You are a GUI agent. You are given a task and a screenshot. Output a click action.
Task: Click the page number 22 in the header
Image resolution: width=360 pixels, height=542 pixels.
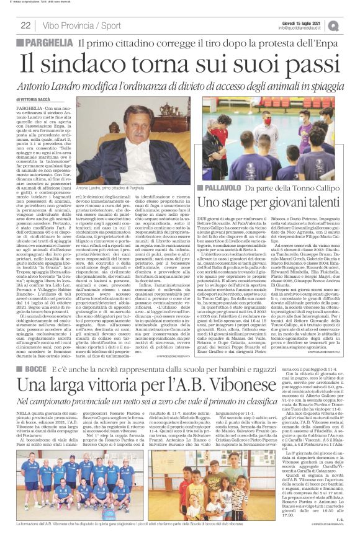pyautogui.click(x=25, y=25)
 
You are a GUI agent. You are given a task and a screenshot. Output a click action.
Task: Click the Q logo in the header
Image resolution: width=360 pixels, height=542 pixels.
pyautogui.click(x=351, y=25)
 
